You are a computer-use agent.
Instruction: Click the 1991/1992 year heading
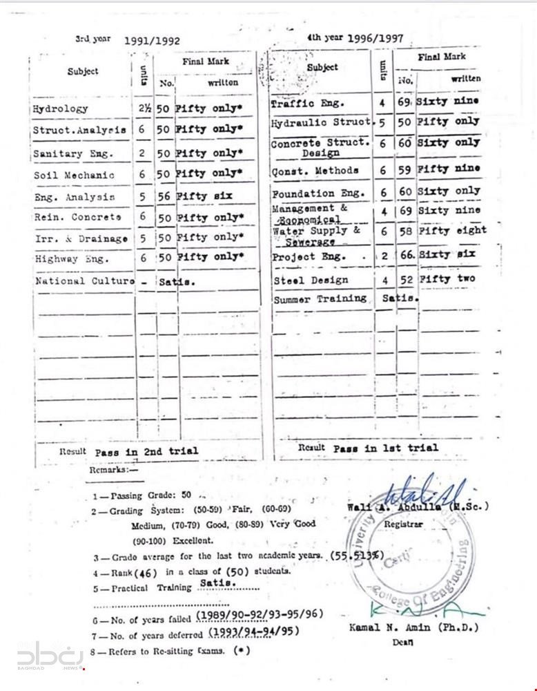152,41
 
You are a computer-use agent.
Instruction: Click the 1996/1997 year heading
375,39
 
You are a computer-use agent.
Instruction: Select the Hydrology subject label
60,108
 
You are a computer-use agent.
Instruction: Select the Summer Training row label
320,299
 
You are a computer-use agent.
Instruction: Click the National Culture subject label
84,281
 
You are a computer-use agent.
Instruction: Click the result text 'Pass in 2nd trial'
146,451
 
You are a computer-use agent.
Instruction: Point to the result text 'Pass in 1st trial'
385,448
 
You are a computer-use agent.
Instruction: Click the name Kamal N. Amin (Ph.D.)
413,627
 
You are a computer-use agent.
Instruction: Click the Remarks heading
113,470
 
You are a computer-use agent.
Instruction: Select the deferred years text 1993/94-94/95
253,632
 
